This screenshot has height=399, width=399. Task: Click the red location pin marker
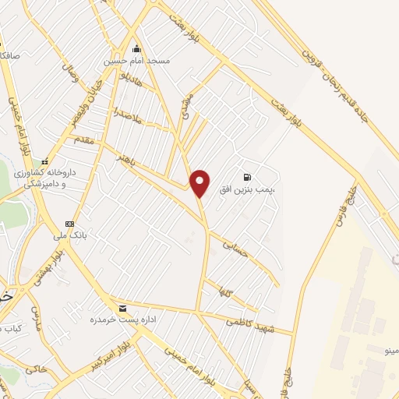click(x=200, y=182)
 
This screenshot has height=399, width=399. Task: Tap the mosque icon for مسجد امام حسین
click(x=137, y=48)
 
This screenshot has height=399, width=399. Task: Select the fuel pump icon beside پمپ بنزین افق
click(x=247, y=177)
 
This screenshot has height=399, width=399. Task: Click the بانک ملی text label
click(x=69, y=235)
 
